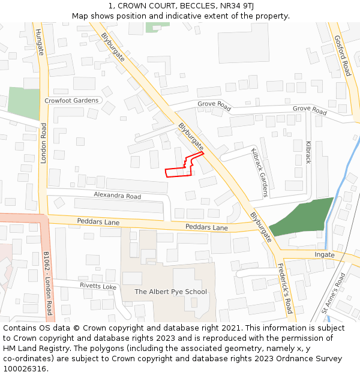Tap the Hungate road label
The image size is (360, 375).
pos(40,42)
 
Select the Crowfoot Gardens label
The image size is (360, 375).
pos(72,100)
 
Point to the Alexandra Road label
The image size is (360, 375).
pos(117,196)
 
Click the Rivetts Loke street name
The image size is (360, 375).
pos(98,286)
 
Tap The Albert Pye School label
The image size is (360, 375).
pos(170,292)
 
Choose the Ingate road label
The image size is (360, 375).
pos(325,255)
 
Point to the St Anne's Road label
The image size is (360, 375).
pos(334,293)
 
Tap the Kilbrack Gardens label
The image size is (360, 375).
pos(260,173)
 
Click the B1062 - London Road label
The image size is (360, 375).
pos(49,284)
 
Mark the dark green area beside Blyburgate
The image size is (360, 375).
pos(303,217)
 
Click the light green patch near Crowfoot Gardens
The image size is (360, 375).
pos(23,103)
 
